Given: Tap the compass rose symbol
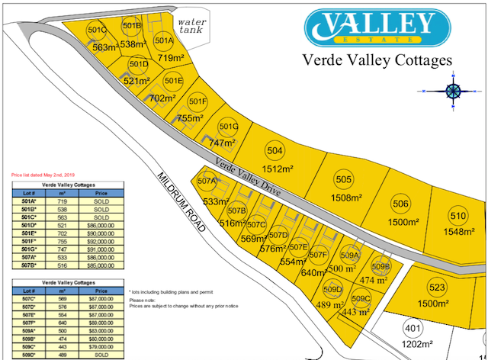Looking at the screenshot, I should click(452, 91).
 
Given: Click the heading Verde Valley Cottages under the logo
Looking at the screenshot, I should click(377, 59).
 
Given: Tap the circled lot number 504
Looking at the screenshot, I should click(275, 150).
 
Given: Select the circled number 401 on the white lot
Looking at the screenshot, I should click(412, 329).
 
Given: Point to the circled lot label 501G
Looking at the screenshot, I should click(229, 127).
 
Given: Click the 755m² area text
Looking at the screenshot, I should click(191, 118).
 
